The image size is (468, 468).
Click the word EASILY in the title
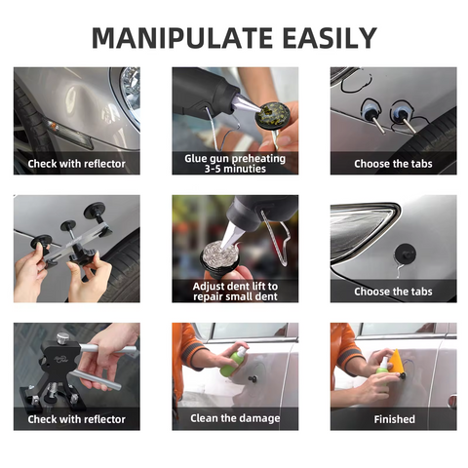click(324, 38)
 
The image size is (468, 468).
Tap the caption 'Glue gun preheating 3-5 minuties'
click(235, 163)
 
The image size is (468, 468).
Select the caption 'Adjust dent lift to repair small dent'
click(235, 291)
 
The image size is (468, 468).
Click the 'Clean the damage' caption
click(235, 419)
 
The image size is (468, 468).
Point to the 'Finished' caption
click(393, 419)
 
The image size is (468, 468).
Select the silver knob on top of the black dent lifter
click(62, 339)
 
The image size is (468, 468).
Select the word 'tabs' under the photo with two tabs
click(415, 163)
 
